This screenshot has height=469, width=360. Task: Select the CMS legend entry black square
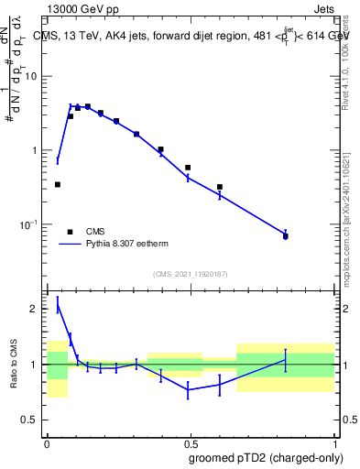(70, 232)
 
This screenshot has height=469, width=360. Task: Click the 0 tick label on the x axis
(47, 441)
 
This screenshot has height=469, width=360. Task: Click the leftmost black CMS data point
(58, 184)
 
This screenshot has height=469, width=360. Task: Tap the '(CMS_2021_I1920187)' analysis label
(190, 273)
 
